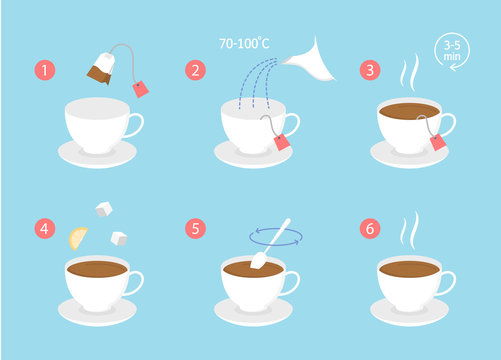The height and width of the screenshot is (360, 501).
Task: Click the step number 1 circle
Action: click(x=44, y=71)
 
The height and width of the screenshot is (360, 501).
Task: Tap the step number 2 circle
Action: click(x=196, y=71)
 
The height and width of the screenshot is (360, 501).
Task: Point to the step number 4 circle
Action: click(x=44, y=229)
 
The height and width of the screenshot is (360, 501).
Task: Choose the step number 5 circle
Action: click(x=196, y=229)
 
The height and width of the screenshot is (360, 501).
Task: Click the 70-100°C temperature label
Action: click(x=249, y=44)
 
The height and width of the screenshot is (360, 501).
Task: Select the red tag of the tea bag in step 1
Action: click(x=140, y=89)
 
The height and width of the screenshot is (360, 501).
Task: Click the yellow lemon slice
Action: click(x=77, y=238)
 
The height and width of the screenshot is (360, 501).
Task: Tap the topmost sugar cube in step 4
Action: click(x=102, y=209)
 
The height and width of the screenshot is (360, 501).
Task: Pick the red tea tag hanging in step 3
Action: click(x=439, y=144)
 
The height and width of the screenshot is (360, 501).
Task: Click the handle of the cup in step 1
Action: click(x=135, y=125)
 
